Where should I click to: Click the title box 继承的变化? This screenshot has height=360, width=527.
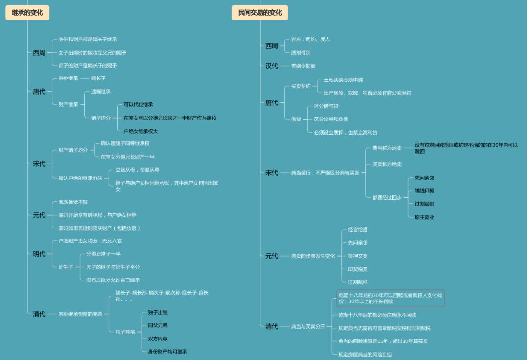[x=27, y=13]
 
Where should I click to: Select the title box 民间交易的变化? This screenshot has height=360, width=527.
[x=260, y=13]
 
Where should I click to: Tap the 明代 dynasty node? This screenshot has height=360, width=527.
[x=39, y=254]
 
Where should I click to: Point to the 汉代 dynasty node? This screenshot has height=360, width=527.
[x=272, y=66]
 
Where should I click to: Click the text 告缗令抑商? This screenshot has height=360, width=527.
[x=303, y=66]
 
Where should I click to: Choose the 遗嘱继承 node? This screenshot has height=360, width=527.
[x=101, y=92]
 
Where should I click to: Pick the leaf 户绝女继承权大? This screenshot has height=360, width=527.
[x=141, y=131]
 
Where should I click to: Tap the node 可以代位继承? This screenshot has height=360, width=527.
[x=139, y=104]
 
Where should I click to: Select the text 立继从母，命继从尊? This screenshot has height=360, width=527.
[x=137, y=170]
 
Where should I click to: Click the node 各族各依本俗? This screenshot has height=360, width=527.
[x=73, y=202]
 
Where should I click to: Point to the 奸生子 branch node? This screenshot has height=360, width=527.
[x=66, y=267]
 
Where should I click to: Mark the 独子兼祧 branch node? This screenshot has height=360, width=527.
[x=125, y=332]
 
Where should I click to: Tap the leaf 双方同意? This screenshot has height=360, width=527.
[x=158, y=339]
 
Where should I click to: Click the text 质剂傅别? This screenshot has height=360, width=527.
[x=301, y=52]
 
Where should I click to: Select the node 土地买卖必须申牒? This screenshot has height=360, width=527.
[x=343, y=80]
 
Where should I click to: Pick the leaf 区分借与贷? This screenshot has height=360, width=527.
[x=326, y=106]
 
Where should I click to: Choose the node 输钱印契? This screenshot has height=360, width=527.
[x=425, y=191]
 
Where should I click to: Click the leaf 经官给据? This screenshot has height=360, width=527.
[x=358, y=230]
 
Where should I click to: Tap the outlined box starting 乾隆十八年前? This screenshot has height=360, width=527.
[x=390, y=298]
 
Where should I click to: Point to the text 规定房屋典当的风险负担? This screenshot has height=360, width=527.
[x=365, y=355]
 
